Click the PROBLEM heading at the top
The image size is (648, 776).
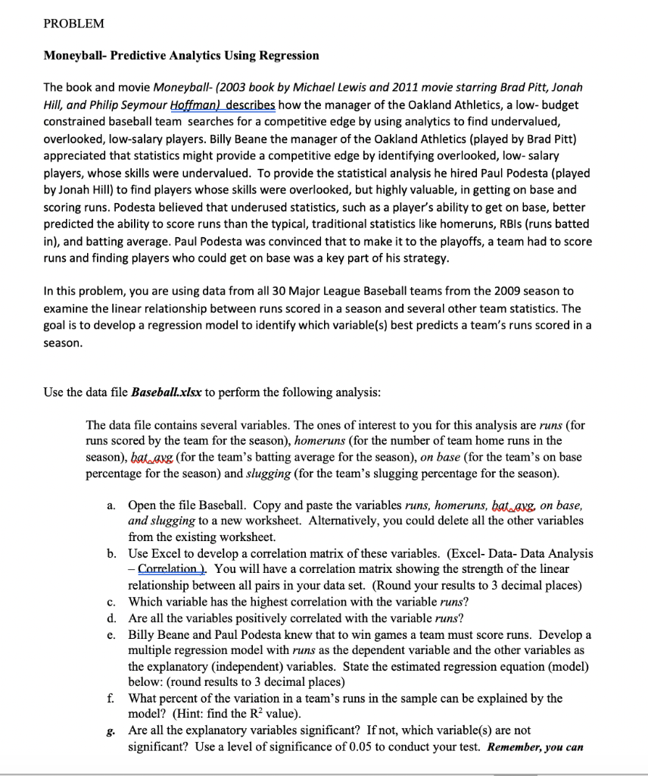[73, 23]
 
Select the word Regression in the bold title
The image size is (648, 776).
[290, 55]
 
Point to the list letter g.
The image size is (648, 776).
[111, 731]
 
